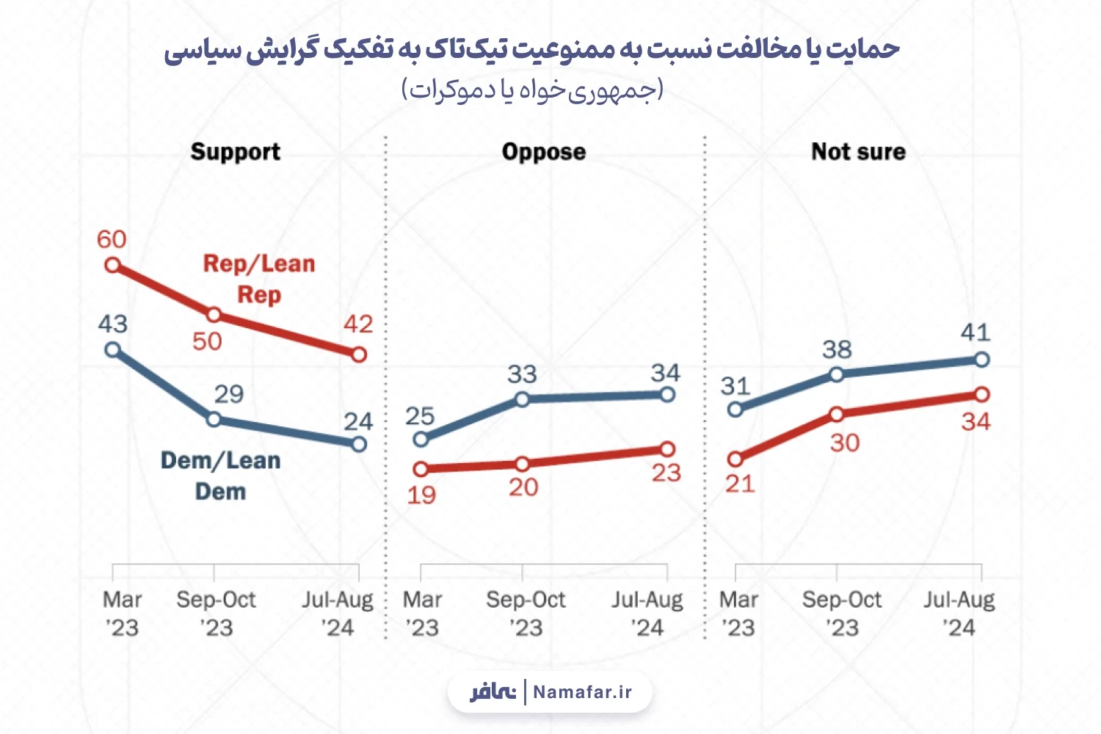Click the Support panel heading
(236, 152)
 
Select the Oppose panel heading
(544, 152)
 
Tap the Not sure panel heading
(858, 151)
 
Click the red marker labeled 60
(113, 266)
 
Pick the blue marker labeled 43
(113, 349)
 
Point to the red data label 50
(207, 341)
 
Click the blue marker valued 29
(214, 419)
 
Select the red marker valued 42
(360, 355)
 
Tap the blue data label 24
(358, 422)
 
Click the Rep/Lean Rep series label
(259, 279)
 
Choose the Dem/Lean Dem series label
(221, 476)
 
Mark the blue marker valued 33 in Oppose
(522, 399)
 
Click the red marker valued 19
(421, 469)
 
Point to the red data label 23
(666, 473)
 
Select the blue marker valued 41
(981, 360)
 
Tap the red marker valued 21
(735, 459)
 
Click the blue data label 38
(837, 349)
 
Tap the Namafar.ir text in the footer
(583, 691)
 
